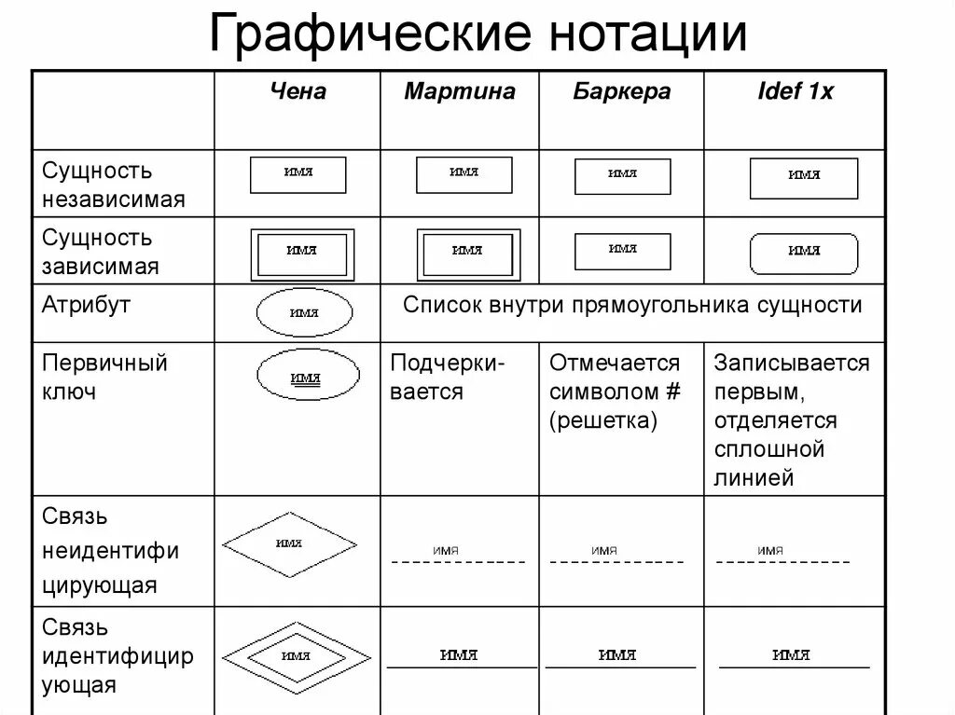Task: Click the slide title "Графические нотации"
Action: tap(477, 34)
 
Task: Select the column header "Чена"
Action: tap(298, 91)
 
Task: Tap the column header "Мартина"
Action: tap(459, 91)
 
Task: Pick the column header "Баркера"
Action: tap(622, 91)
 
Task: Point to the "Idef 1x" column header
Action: tap(795, 91)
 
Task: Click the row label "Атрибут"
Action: tap(87, 305)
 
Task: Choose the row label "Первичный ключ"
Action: tap(104, 377)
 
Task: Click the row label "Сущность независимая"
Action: tap(113, 185)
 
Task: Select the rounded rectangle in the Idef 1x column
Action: tap(803, 251)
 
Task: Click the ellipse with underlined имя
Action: tap(304, 378)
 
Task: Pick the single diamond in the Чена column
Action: tap(289, 545)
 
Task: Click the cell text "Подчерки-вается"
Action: tap(448, 377)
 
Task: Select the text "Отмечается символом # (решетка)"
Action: tap(616, 392)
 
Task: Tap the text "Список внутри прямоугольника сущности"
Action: tap(632, 305)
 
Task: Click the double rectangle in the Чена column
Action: tap(302, 252)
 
